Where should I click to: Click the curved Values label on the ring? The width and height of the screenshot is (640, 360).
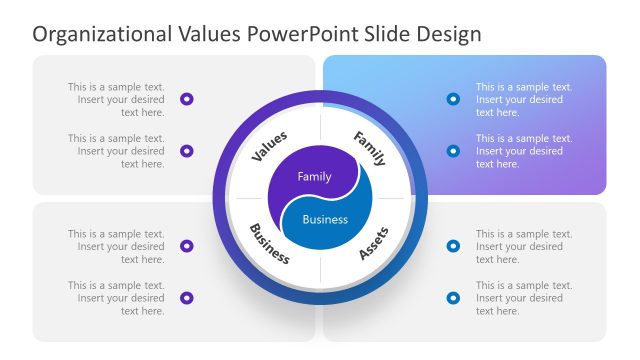coord(269,146)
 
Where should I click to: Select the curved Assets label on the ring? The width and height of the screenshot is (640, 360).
coord(373,243)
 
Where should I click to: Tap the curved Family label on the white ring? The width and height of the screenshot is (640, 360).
coord(369,147)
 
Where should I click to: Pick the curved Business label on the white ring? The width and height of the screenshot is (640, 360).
coord(269,243)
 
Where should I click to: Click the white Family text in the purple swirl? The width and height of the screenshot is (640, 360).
coord(314,176)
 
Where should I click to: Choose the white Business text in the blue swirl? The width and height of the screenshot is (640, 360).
coord(325,219)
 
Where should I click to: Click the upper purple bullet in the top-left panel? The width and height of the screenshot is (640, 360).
coord(187,99)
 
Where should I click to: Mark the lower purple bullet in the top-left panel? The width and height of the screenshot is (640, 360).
coord(187,151)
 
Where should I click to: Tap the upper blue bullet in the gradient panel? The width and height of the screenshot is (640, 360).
coord(453,99)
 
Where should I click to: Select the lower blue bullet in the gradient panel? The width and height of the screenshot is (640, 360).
coord(453,151)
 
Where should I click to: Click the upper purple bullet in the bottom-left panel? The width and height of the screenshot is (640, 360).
coord(187,246)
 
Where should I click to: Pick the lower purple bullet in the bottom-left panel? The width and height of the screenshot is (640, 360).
coord(187,298)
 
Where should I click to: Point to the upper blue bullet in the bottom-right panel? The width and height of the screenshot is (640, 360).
coord(453,246)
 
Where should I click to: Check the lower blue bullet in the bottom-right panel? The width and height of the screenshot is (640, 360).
coord(453,298)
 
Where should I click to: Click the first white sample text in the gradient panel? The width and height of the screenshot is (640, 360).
coord(522,99)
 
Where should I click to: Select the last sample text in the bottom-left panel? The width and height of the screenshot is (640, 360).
coord(118,298)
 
